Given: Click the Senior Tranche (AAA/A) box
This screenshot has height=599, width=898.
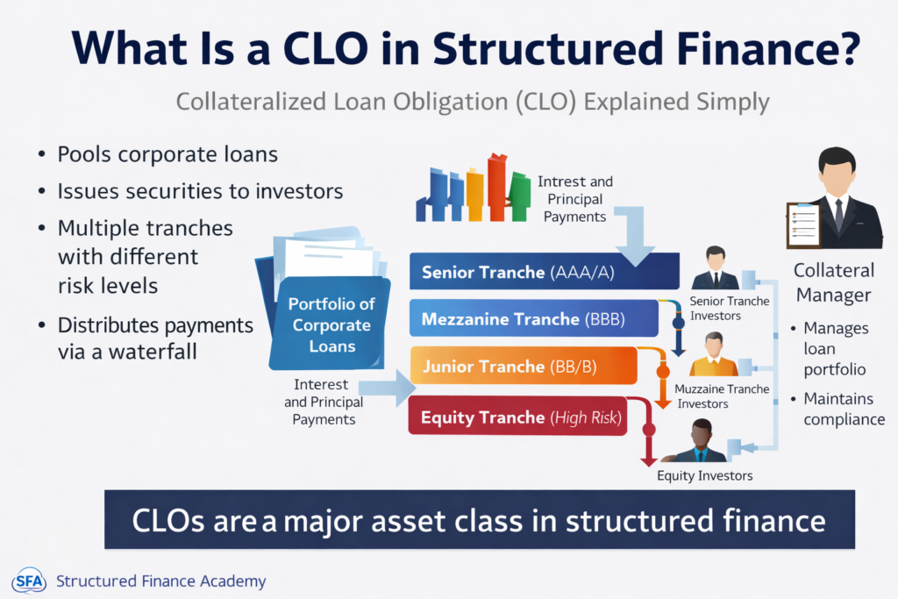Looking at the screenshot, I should (544, 272).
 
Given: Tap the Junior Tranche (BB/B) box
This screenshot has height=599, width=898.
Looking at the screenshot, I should (526, 367).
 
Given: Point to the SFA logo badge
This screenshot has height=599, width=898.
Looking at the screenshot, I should (28, 581).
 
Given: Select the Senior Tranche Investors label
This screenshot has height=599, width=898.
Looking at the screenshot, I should (730, 308).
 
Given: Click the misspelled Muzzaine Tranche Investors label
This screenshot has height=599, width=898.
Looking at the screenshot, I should (723, 396).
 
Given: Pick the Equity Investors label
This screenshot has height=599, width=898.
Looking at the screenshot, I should (704, 476).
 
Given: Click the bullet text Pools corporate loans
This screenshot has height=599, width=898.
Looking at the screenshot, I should (167, 154).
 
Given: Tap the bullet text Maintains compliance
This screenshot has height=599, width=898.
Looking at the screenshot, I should (844, 409).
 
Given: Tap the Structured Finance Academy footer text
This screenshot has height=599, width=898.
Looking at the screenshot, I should (160, 581).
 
